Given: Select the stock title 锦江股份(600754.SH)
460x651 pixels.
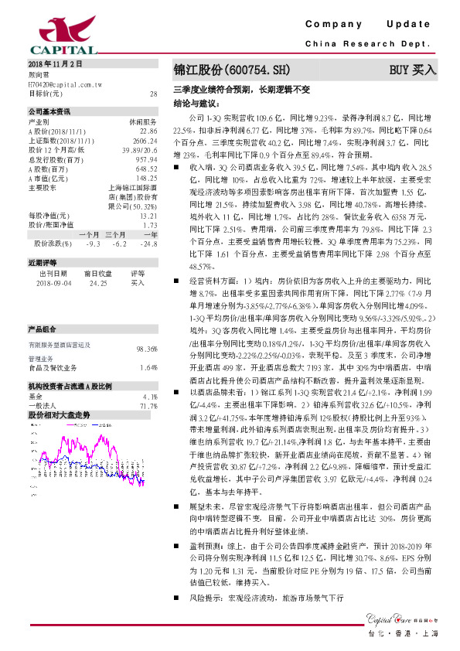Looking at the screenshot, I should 224,70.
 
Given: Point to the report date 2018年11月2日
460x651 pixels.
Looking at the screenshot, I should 54,63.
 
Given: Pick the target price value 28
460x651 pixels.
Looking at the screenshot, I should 153,94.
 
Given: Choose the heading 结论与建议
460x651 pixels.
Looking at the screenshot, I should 196,103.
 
